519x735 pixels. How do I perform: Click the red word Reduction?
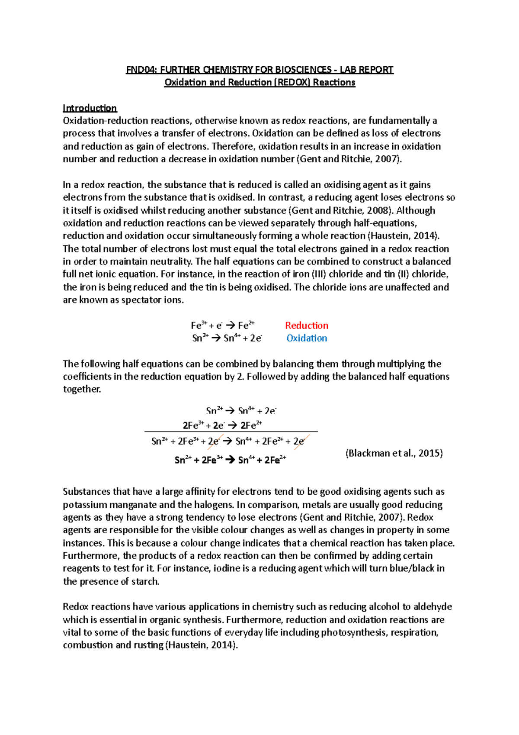[x=306, y=326]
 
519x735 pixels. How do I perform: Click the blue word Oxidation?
[x=306, y=338]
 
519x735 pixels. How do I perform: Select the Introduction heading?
[x=90, y=108]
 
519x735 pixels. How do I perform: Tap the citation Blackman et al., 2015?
[x=394, y=453]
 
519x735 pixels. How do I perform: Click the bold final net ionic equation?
[x=230, y=460]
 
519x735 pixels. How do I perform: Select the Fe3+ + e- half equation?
[x=222, y=326]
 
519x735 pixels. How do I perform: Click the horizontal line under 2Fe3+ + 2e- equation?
[x=231, y=432]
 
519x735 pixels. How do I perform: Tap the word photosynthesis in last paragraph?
[x=354, y=632]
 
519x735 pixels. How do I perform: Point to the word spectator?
[x=141, y=300]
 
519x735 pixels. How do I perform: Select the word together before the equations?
[x=82, y=389]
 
